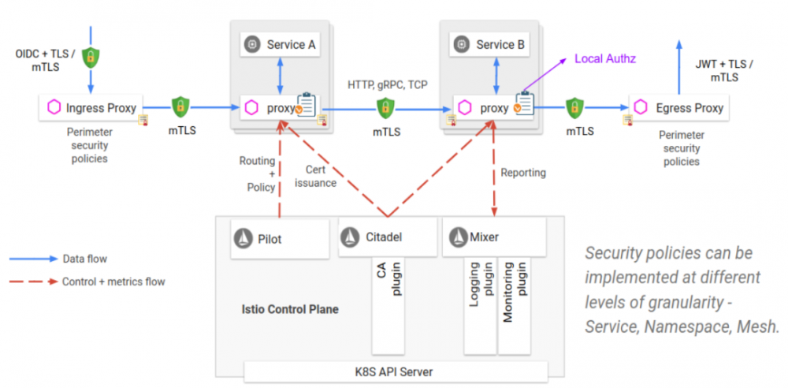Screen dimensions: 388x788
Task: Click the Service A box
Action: pyautogui.click(x=281, y=45)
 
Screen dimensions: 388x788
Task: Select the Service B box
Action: pyautogui.click(x=490, y=45)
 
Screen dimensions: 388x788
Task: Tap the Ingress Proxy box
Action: pyautogui.click(x=93, y=108)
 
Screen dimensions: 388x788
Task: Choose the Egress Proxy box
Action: pyautogui.click(x=678, y=108)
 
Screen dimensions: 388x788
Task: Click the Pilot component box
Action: pyautogui.click(x=280, y=237)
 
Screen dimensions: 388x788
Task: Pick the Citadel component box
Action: pyautogui.click(x=387, y=237)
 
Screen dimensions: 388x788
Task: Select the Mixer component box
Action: pyautogui.click(x=494, y=237)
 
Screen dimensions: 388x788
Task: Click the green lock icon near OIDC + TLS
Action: pyautogui.click(x=91, y=56)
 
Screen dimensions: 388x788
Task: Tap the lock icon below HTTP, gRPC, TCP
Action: pyautogui.click(x=385, y=107)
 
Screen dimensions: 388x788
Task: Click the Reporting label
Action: pyautogui.click(x=523, y=173)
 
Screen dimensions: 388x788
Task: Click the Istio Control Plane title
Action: pyautogui.click(x=290, y=309)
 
